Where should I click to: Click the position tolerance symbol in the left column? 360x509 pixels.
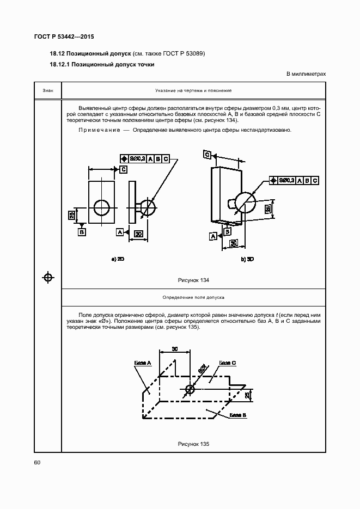[48, 278]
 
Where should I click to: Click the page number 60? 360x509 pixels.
[38, 462]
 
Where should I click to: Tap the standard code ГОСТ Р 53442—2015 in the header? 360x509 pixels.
[64, 37]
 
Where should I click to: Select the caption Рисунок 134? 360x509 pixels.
[193, 280]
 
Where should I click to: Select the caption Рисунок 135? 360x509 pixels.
[193, 444]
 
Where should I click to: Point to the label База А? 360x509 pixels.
[142, 362]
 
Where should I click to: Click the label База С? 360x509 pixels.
[227, 362]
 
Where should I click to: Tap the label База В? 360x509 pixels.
[238, 415]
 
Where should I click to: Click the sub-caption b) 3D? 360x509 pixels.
[247, 260]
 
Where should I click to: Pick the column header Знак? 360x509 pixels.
[48, 90]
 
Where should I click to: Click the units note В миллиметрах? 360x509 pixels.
[305, 73]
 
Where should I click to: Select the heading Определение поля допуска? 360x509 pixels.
[193, 297]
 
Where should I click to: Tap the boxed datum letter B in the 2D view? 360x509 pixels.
[82, 232]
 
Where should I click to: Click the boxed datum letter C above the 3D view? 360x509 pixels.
[208, 155]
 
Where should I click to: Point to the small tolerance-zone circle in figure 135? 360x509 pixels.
[190, 389]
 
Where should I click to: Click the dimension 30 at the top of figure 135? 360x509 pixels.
[175, 348]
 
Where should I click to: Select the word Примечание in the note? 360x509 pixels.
[99, 130]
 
